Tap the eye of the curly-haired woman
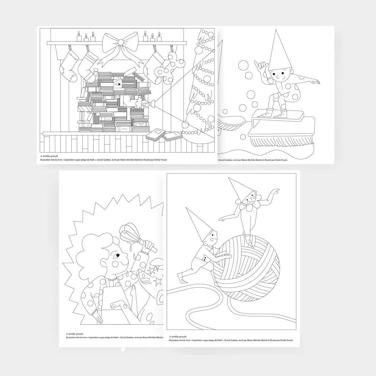[x=118, y=255]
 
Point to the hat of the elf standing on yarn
[x=237, y=189]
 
